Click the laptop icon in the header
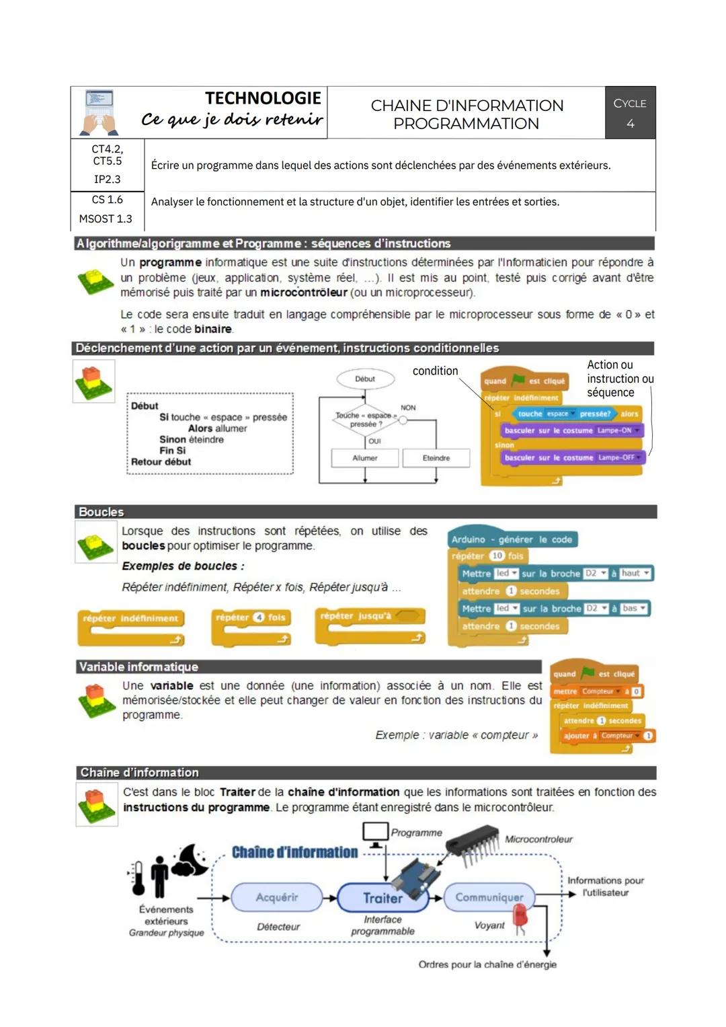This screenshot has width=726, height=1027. (x=100, y=112)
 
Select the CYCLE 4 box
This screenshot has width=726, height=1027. (x=630, y=113)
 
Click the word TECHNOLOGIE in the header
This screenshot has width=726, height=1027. (x=263, y=98)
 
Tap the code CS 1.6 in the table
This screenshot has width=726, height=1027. (x=107, y=200)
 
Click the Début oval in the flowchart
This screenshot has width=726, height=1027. (x=365, y=379)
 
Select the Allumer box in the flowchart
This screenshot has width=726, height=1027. (x=365, y=458)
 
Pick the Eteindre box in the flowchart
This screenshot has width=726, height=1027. (x=436, y=458)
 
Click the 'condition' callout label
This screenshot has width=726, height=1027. (x=435, y=371)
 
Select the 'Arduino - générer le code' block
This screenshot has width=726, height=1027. (x=512, y=539)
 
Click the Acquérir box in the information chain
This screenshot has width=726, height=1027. (x=276, y=897)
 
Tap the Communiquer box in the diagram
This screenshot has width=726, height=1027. (x=489, y=897)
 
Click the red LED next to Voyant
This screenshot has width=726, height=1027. (x=520, y=917)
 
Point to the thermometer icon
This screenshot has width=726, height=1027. (x=138, y=878)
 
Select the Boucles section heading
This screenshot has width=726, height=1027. (x=102, y=512)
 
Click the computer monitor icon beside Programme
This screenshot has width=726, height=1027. (x=375, y=833)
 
